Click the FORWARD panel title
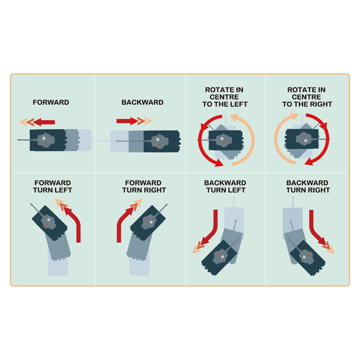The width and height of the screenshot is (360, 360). click(x=51, y=102)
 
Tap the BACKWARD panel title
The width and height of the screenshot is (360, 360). click(x=142, y=102)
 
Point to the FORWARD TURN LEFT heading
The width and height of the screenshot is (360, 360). click(x=53, y=186)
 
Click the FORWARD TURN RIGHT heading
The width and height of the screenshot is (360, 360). click(x=144, y=186)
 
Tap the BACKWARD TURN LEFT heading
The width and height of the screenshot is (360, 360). click(x=225, y=186)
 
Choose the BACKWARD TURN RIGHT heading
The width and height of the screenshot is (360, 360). click(x=308, y=186)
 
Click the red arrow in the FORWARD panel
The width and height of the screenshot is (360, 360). click(x=44, y=122)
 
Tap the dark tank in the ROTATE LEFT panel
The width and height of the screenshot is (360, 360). click(x=225, y=140)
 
